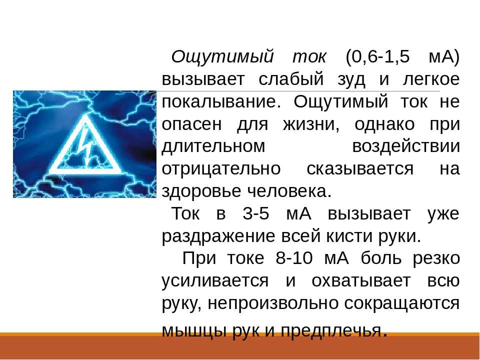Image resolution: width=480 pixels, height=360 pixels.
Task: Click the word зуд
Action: [351, 79]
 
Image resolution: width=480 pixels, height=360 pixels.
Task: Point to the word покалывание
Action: [221, 102]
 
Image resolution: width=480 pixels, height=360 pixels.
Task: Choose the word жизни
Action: [311, 125]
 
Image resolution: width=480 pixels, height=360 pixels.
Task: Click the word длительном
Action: [213, 147]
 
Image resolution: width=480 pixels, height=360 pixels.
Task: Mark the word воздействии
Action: [406, 147]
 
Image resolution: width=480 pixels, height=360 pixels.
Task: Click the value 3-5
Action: [256, 213]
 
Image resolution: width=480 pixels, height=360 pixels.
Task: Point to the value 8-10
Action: [294, 258]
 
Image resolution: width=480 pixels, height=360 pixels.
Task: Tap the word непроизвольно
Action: [273, 303]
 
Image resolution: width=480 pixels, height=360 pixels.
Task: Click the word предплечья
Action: [331, 331]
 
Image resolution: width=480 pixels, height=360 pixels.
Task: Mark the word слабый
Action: [291, 79]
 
